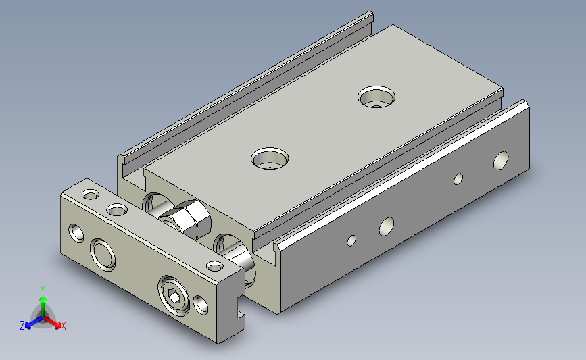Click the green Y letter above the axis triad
(43, 290)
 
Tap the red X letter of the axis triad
(63, 326)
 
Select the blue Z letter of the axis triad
(22, 326)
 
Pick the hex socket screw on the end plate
(174, 295)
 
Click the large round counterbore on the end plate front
(103, 255)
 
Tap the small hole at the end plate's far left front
(76, 233)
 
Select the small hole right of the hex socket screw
(201, 305)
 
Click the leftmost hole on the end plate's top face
(91, 195)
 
